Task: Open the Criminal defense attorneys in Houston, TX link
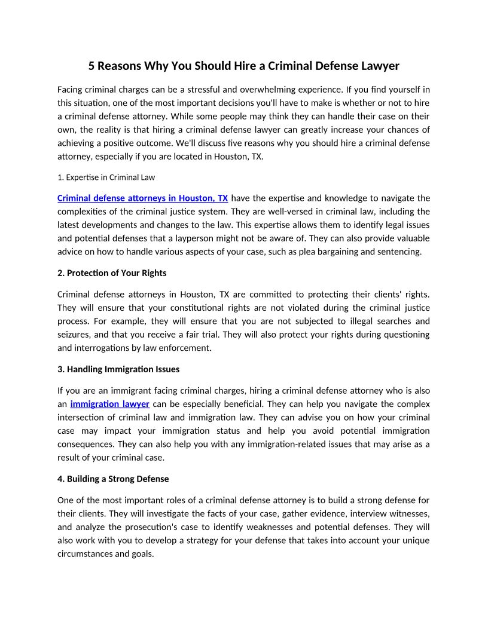click(x=142, y=198)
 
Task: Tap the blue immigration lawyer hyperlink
click(x=109, y=404)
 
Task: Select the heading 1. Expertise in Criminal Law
click(x=106, y=177)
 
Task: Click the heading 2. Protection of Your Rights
click(x=112, y=272)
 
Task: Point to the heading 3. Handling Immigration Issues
click(x=118, y=369)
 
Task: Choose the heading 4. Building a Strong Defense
click(x=113, y=479)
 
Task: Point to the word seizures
click(x=74, y=335)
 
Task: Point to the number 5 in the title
click(x=91, y=66)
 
